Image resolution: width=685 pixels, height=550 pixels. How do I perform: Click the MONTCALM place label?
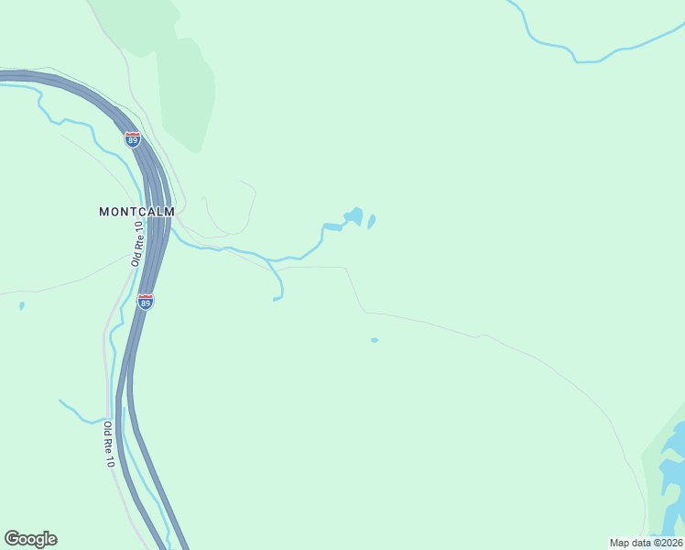(136, 211)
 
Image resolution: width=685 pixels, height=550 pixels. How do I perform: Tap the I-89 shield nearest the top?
(133, 139)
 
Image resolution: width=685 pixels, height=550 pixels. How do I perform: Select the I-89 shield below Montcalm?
(146, 301)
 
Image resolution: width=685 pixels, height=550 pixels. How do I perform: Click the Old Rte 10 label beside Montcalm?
(138, 243)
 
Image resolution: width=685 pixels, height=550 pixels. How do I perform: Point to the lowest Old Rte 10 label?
(108, 445)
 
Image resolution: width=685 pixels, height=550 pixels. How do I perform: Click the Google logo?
(30, 539)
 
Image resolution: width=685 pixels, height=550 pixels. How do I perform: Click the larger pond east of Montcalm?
(353, 216)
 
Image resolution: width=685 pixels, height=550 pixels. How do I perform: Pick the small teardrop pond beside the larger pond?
(372, 222)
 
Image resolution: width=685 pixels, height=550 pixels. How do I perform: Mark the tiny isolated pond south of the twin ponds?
(374, 340)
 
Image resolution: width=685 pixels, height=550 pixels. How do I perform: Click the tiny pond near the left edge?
(21, 306)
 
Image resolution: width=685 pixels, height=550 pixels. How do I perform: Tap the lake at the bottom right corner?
(673, 458)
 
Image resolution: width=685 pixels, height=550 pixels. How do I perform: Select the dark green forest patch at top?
(188, 92)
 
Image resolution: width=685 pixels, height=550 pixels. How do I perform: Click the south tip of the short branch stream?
(275, 299)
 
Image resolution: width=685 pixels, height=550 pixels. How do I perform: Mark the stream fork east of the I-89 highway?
(267, 258)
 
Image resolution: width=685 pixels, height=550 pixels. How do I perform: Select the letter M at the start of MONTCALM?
(103, 211)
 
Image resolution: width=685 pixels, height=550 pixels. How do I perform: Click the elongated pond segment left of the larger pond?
(332, 227)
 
